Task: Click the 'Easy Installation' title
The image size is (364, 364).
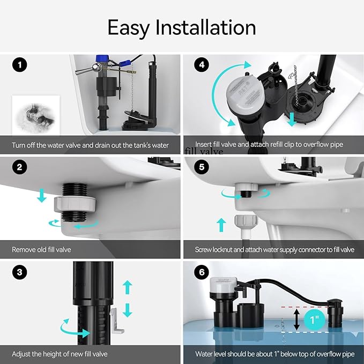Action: click(x=182, y=27)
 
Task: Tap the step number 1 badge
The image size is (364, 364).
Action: click(x=20, y=66)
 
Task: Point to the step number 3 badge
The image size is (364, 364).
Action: click(x=20, y=272)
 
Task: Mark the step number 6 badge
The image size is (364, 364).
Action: click(x=202, y=272)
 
